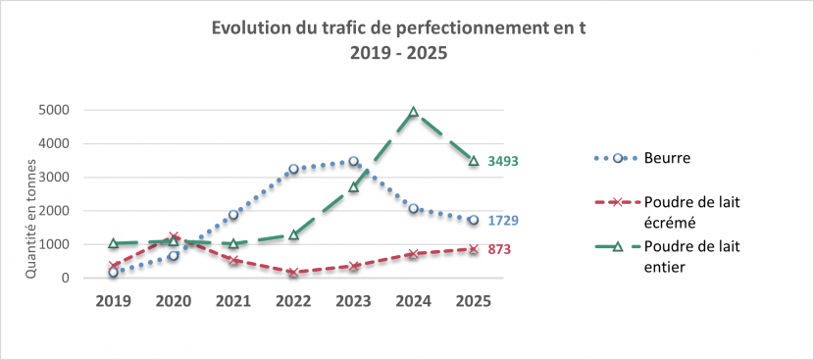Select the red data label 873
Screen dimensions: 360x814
499,249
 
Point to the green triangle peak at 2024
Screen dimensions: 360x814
414,112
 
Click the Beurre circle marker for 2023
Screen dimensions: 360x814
353,162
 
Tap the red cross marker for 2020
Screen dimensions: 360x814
174,237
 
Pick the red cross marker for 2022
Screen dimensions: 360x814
293,273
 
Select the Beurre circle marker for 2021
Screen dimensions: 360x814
233,215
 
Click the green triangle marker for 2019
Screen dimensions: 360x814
114,243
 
